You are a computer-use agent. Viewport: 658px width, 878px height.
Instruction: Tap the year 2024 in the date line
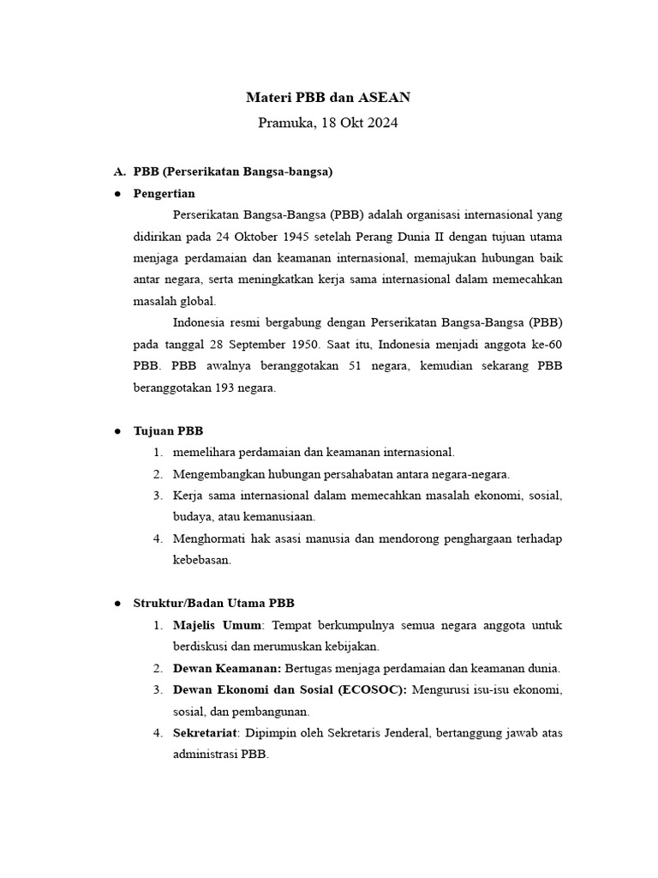tap(382, 123)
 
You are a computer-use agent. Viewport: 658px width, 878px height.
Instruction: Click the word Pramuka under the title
tap(286, 123)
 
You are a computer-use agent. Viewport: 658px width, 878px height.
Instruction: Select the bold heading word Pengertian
tap(164, 194)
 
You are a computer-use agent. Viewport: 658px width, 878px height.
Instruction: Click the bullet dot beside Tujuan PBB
tap(117, 430)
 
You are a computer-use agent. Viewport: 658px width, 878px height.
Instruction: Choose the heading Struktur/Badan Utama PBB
tap(214, 604)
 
